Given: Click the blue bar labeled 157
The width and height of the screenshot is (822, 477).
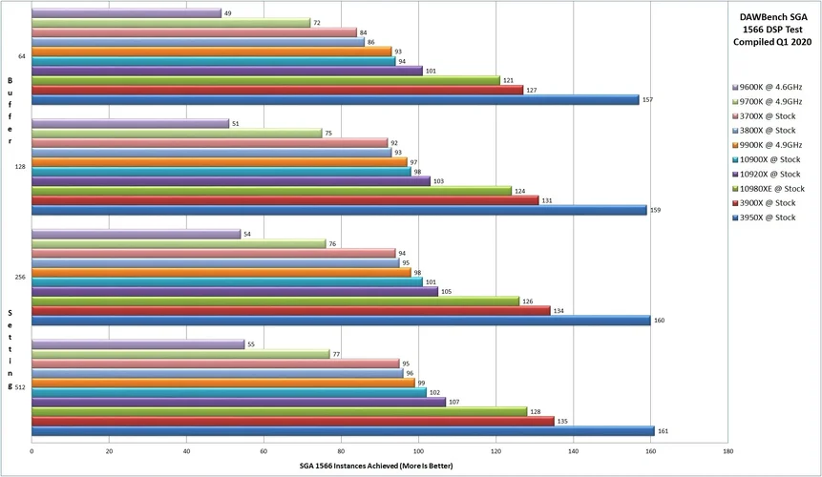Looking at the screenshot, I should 335,99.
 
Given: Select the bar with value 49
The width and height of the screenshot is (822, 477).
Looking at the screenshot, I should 126,13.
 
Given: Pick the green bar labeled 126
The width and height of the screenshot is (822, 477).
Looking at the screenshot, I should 276,301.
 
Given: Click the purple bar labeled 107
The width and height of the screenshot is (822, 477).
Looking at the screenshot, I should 239,402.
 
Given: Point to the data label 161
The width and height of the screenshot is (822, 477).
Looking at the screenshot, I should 663,431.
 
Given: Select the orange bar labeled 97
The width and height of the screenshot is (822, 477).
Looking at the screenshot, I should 220,162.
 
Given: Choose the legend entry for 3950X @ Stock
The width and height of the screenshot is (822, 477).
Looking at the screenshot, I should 761,218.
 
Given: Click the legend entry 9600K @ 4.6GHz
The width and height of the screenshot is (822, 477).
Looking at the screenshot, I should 764,87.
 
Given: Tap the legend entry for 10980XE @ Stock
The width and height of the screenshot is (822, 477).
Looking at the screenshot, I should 764,188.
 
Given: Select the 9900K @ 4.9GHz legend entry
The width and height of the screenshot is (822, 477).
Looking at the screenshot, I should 764,144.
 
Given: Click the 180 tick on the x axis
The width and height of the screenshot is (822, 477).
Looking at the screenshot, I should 727,451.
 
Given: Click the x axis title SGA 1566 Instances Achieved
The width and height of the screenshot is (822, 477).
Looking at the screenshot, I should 380,466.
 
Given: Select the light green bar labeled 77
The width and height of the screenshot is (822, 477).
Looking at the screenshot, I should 180,353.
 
